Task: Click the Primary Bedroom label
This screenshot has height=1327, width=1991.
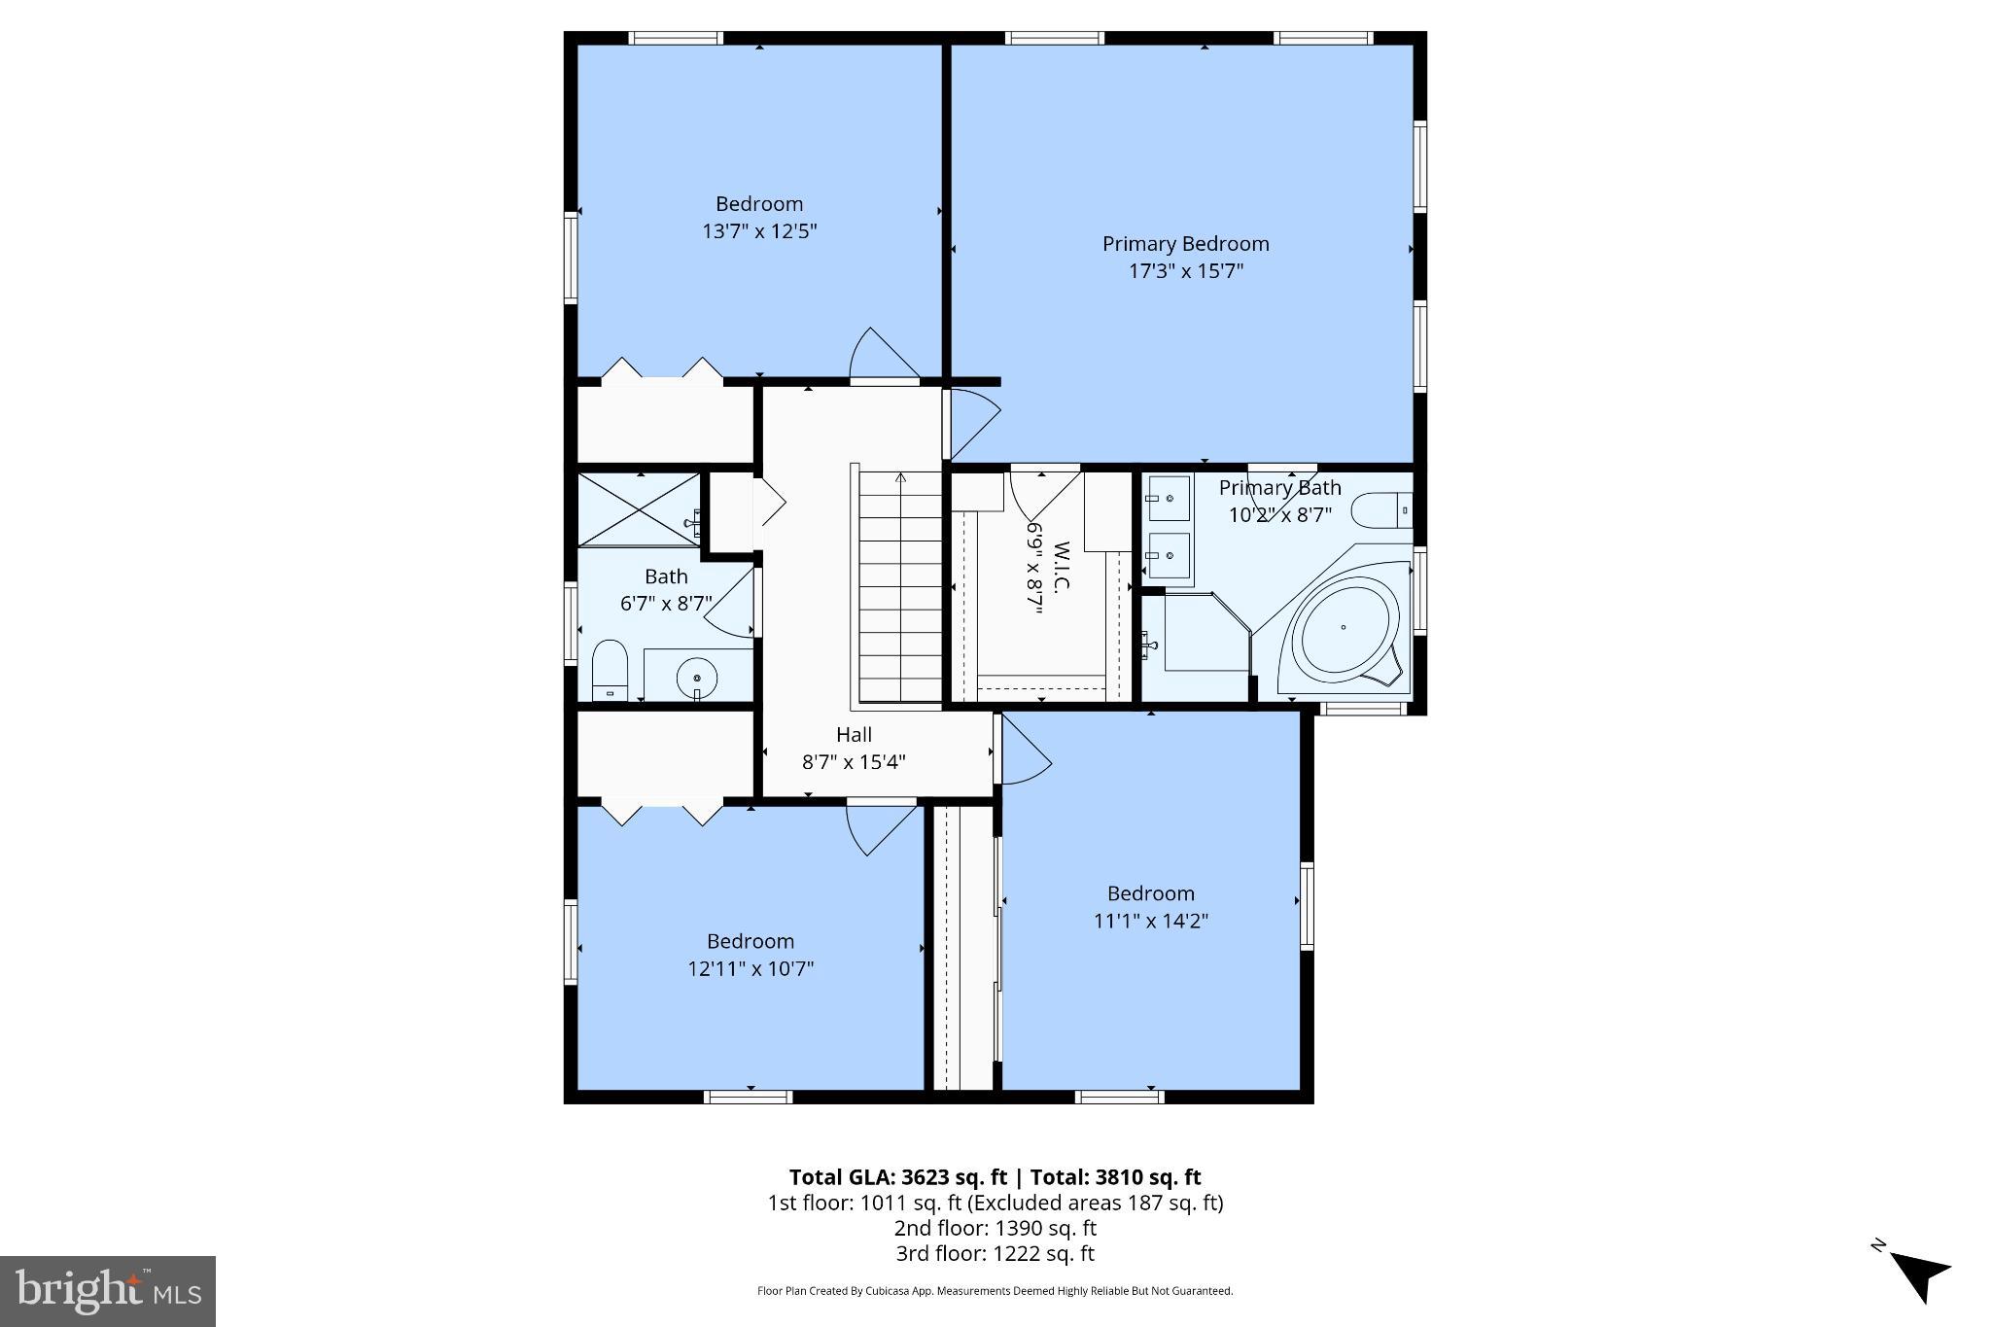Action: tap(1185, 244)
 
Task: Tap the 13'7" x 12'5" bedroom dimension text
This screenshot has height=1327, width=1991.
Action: tap(759, 231)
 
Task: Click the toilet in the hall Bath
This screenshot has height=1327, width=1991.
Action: tap(610, 668)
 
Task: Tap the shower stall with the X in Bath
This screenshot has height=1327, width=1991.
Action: tap(638, 510)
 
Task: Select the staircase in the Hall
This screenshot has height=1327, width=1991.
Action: tap(900, 587)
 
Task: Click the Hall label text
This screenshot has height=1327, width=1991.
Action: tap(854, 735)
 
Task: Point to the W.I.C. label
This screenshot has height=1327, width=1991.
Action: tap(1061, 568)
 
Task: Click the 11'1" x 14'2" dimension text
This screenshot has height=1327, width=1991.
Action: tap(1150, 921)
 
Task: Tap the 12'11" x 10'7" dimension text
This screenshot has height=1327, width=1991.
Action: tap(751, 968)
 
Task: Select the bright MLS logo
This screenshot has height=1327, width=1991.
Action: tap(108, 1291)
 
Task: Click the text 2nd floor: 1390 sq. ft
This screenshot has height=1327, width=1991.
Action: tap(995, 1228)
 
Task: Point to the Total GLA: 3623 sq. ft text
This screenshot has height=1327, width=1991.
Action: tap(897, 1177)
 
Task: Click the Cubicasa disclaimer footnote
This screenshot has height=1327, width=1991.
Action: tap(995, 1291)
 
